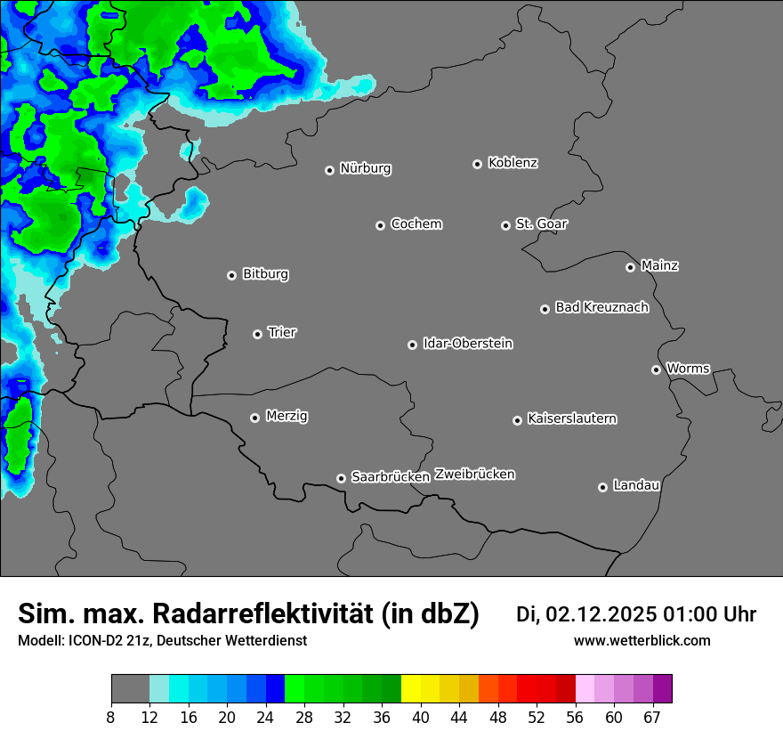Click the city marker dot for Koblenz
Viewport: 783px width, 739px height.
tap(478, 164)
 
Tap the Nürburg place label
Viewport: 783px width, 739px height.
tap(366, 168)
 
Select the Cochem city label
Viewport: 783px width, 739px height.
tap(416, 224)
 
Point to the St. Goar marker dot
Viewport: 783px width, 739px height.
tap(506, 225)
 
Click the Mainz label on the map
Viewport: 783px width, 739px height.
tap(659, 265)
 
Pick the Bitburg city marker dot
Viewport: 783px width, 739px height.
tap(232, 275)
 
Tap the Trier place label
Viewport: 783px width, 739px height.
tap(282, 333)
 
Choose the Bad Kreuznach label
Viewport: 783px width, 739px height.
tap(601, 308)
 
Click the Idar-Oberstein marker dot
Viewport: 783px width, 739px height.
tap(413, 345)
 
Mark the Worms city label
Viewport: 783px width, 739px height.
tap(688, 369)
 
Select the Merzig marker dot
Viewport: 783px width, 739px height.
tap(255, 418)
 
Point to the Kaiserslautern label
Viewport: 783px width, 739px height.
tap(572, 418)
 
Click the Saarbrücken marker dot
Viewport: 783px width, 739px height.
tap(341, 478)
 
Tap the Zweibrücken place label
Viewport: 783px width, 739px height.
tap(474, 475)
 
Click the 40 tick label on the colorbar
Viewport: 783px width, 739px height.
tap(421, 718)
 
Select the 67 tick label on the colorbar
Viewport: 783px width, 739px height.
tap(652, 718)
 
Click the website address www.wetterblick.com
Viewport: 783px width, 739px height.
tap(642, 640)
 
